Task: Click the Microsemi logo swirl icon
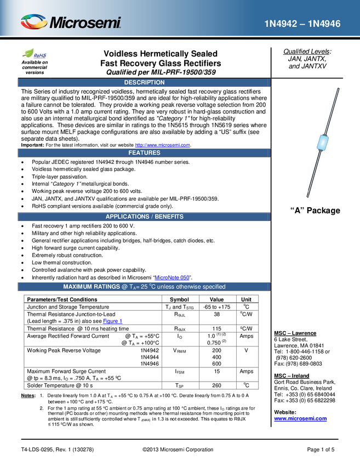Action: tap(34, 22)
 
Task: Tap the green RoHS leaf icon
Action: tap(27, 53)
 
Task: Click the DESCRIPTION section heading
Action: tap(144, 82)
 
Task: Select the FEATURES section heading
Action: tap(144, 153)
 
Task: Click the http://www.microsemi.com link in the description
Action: tap(163, 145)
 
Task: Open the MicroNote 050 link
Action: tap(172, 277)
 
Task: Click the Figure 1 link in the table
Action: tap(112, 321)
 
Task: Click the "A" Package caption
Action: tap(315, 211)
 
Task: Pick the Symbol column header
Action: tap(179, 299)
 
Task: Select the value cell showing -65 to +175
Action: tap(217, 307)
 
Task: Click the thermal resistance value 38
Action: tap(217, 314)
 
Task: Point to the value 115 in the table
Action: tap(217, 329)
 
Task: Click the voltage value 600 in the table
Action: tap(217, 364)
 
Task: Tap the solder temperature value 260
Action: tap(217, 385)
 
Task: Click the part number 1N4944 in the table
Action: tap(150, 357)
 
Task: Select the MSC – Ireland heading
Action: tap(292, 376)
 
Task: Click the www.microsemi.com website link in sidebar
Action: tap(300, 419)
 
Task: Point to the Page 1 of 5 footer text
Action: tap(321, 450)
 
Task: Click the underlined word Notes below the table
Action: tap(28, 396)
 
